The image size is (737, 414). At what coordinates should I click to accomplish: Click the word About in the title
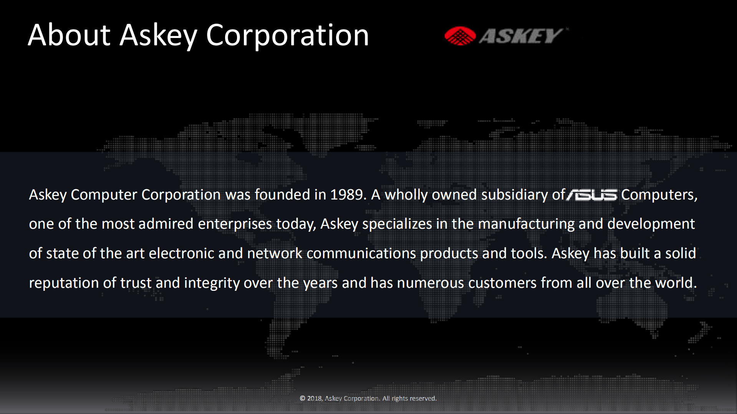point(69,35)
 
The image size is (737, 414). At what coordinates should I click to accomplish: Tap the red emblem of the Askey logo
point(460,36)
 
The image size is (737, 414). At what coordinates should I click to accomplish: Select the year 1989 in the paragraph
point(346,195)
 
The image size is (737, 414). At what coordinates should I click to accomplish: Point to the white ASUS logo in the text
point(592,195)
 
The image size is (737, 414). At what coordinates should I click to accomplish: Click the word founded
point(282,195)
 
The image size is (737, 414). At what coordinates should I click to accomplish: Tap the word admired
point(166,224)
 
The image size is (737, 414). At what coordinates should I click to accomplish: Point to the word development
point(651,224)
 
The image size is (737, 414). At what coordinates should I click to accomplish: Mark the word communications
point(361,254)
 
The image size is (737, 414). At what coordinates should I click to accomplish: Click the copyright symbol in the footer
point(303,398)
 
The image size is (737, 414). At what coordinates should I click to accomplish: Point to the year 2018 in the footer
point(315,398)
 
